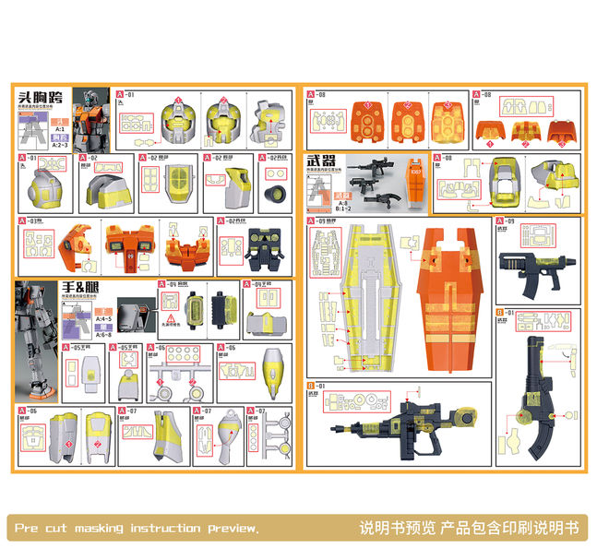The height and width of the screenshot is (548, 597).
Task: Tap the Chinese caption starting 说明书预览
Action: tap(468, 528)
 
